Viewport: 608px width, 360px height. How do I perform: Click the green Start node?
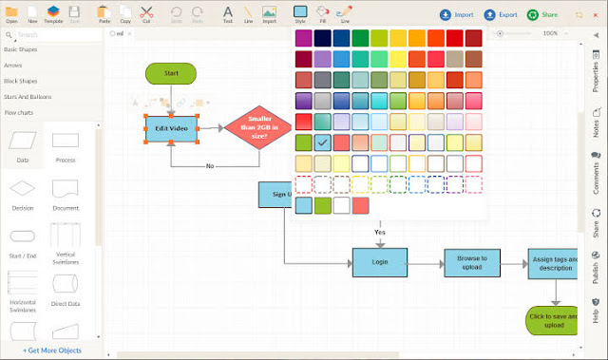[x=171, y=73]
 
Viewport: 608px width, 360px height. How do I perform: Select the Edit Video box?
[x=171, y=129]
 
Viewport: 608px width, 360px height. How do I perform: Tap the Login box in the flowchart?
[x=380, y=262]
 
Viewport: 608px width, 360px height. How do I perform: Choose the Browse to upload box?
[x=472, y=262]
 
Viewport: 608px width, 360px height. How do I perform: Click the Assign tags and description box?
[x=554, y=262]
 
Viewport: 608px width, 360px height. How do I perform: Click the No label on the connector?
[x=209, y=166]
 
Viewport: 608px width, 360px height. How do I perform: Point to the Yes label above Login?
[x=380, y=232]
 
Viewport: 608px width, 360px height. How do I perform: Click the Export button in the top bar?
[x=502, y=15]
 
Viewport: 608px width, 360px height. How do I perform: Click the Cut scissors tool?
[x=146, y=13]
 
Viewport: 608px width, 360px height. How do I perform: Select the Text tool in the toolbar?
[x=228, y=13]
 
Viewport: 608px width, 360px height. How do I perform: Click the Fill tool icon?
[x=324, y=13]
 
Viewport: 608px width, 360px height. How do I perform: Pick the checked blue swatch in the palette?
[x=324, y=142]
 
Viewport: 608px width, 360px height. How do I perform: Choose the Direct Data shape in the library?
[x=66, y=289]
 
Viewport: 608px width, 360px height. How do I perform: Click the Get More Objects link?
[x=52, y=351]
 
